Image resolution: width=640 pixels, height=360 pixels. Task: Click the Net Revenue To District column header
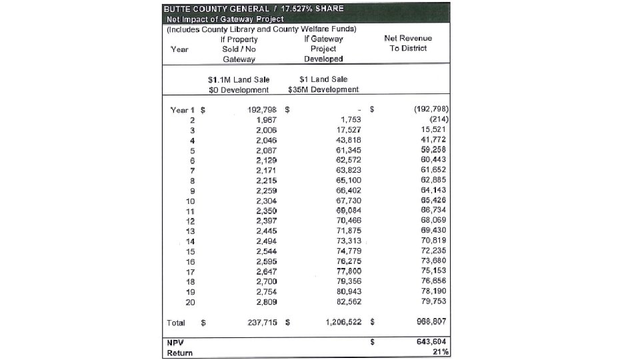click(408, 43)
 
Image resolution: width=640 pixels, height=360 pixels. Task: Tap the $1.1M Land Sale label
click(239, 79)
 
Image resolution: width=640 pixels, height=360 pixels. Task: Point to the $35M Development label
click(323, 89)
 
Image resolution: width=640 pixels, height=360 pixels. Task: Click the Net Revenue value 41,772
click(434, 139)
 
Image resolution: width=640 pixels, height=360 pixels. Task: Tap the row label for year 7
click(191, 170)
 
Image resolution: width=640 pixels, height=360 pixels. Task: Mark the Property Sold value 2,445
click(265, 230)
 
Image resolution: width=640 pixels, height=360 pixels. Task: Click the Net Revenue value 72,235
click(434, 250)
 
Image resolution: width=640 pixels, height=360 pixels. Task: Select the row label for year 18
click(190, 280)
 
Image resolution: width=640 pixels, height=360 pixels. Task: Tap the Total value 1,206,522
click(343, 323)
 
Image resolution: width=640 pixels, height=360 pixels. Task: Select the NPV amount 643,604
click(431, 342)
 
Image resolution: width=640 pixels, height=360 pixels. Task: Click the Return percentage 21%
click(440, 352)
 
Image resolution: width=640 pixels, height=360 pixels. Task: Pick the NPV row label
click(175, 342)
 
